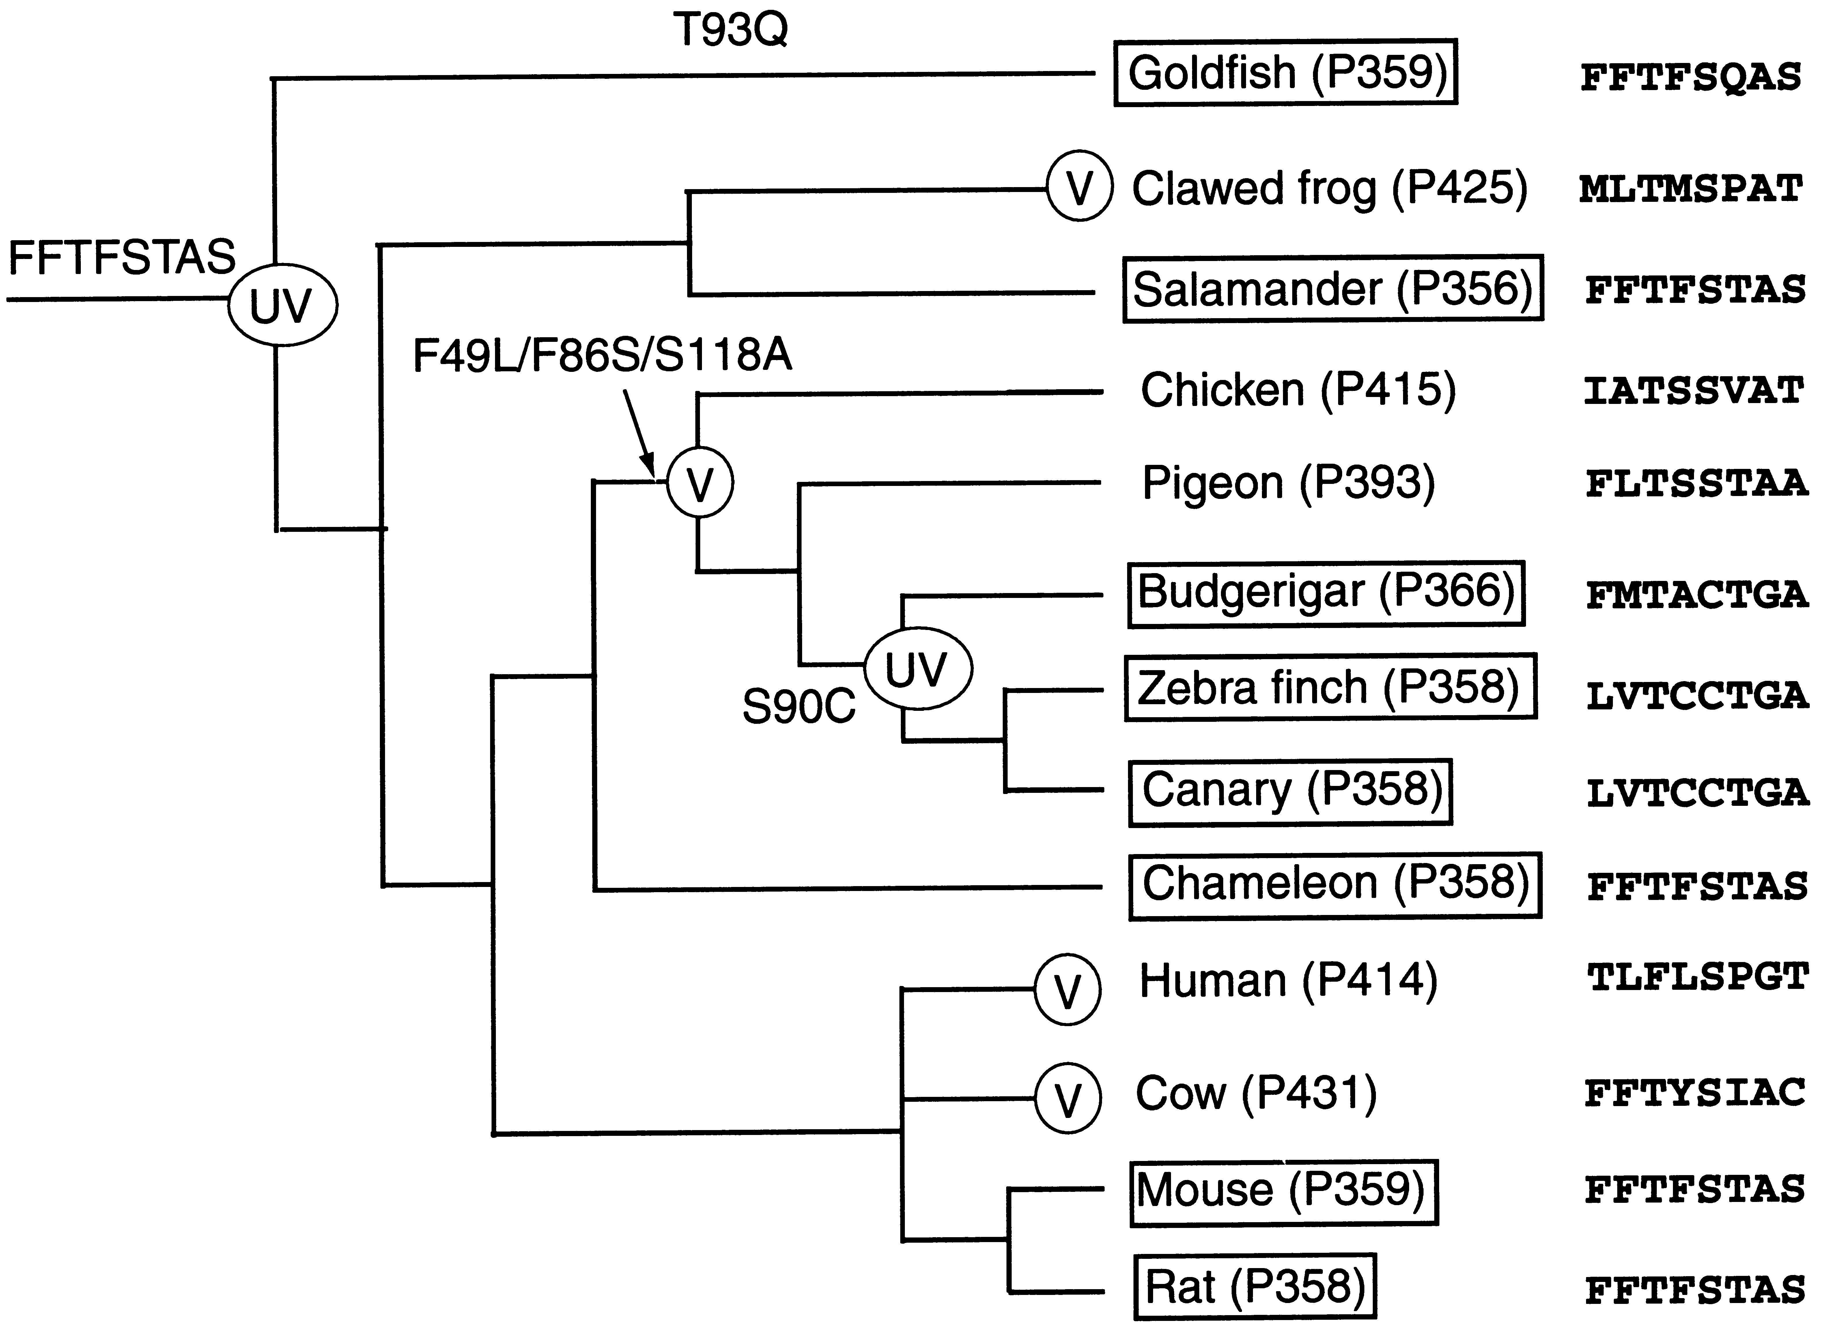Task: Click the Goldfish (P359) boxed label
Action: click(x=1285, y=72)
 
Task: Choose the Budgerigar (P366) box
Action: click(x=1325, y=593)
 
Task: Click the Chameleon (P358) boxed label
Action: click(x=1335, y=884)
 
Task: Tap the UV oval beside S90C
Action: click(x=918, y=668)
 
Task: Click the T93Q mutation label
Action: click(x=730, y=31)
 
